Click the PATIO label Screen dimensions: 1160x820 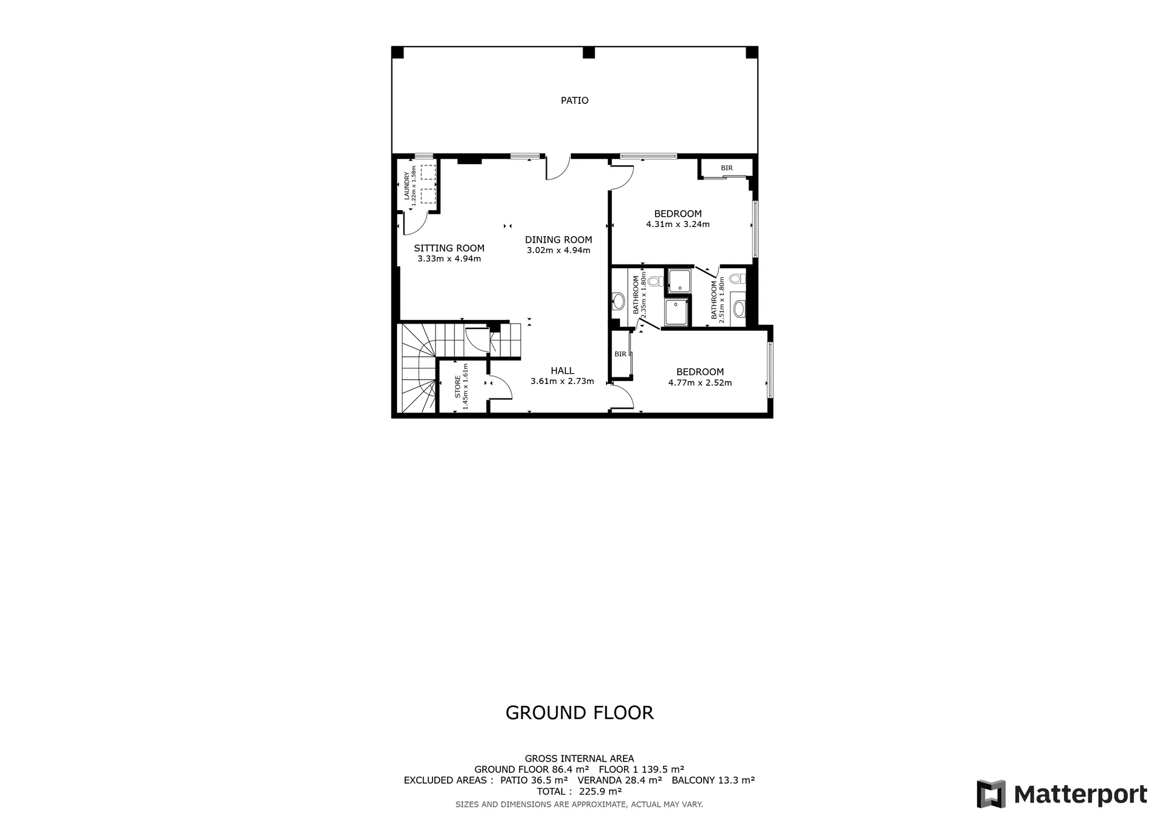(x=574, y=100)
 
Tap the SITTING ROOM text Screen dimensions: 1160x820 (x=449, y=248)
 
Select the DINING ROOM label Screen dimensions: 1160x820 (x=558, y=240)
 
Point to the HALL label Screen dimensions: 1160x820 (x=562, y=371)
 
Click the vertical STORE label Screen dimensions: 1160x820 (x=458, y=386)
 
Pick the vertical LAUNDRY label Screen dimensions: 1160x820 (x=407, y=186)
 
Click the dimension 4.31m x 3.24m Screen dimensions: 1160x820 (x=677, y=225)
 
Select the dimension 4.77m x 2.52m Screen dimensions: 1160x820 (x=700, y=383)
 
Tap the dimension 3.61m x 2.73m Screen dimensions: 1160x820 (x=562, y=382)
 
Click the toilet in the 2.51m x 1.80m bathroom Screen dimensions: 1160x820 (x=736, y=278)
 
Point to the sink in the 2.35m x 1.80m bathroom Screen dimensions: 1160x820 (x=619, y=300)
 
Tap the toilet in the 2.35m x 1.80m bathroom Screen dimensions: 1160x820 (x=656, y=281)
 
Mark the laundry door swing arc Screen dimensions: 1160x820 (x=416, y=224)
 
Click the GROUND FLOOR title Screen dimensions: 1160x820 (x=579, y=713)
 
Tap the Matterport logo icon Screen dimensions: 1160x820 (x=991, y=794)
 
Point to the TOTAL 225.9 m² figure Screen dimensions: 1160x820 (x=579, y=791)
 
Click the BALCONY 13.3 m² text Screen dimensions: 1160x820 (x=713, y=780)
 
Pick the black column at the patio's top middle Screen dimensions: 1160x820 (x=588, y=53)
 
